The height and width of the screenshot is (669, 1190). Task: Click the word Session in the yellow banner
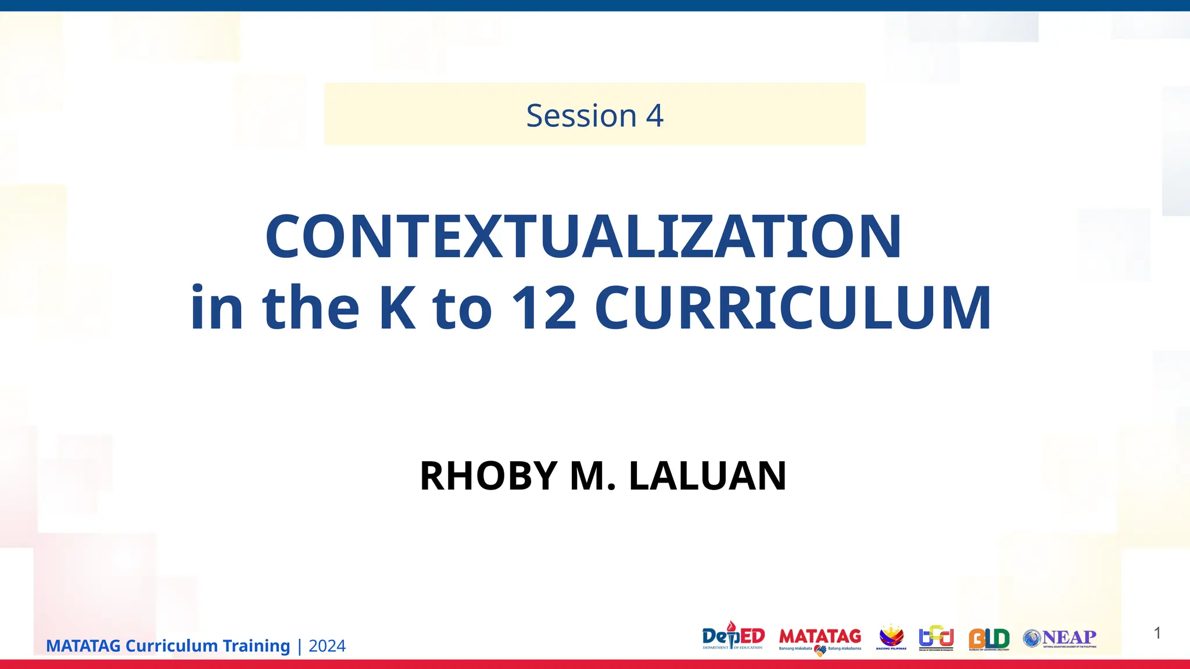coord(581,116)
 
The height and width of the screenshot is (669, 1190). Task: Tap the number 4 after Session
coord(655,116)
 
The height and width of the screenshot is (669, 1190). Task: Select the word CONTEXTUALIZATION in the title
coord(583,236)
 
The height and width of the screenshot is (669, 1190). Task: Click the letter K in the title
coord(397,308)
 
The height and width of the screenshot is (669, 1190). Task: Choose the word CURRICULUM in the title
coord(793,308)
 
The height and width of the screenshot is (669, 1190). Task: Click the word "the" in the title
coord(311,308)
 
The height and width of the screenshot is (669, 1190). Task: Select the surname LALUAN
coord(708,476)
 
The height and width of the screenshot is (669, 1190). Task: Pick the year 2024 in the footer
coord(327,646)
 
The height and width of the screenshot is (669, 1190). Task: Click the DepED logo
coord(733,637)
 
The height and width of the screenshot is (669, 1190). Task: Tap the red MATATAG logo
coord(820,638)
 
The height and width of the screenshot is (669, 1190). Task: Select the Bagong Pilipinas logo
coord(891,637)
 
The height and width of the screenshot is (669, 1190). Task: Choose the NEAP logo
coord(1060,638)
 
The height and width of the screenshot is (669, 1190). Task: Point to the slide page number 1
coord(1157,633)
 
